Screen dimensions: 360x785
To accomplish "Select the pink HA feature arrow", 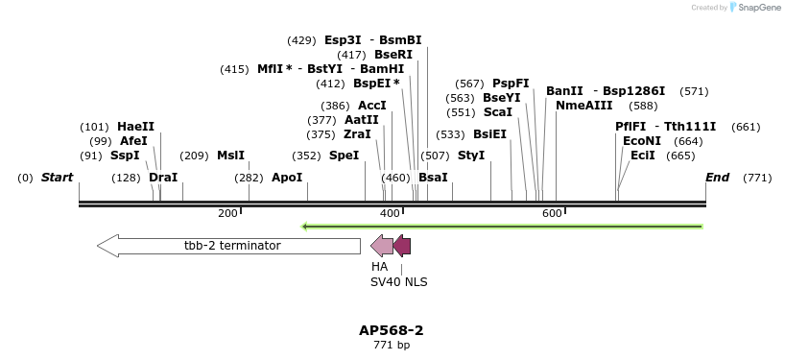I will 381,246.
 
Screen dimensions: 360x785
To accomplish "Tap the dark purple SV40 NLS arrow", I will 402,246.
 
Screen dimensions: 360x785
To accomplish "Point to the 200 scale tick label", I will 227,213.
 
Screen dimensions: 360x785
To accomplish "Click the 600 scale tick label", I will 552,213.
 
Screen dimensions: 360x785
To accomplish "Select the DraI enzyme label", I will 163,178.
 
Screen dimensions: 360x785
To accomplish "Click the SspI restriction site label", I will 125,156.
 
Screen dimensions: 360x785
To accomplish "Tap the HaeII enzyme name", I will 135,127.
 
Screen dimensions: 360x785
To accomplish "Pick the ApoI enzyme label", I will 287,178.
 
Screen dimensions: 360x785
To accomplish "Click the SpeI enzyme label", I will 344,156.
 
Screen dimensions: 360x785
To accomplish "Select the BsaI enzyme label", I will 433,178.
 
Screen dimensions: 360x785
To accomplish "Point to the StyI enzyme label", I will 471,156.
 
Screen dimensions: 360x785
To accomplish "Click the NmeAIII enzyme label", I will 583,106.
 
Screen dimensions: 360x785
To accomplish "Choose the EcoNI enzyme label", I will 642,141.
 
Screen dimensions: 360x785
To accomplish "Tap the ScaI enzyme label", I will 498,112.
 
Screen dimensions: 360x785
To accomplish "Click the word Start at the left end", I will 58,178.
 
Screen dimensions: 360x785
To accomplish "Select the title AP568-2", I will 392,330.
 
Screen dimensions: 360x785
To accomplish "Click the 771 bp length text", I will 392,346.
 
